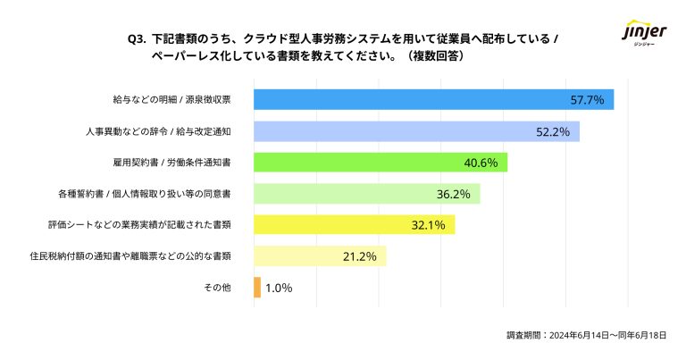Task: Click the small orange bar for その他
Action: (x=257, y=288)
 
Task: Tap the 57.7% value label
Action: (x=587, y=100)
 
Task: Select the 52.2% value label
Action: (x=553, y=131)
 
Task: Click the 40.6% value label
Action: (x=481, y=163)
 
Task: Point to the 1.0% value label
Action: (x=279, y=288)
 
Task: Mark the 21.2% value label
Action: (x=360, y=256)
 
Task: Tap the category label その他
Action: (x=218, y=288)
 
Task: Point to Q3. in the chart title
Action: (x=138, y=39)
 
